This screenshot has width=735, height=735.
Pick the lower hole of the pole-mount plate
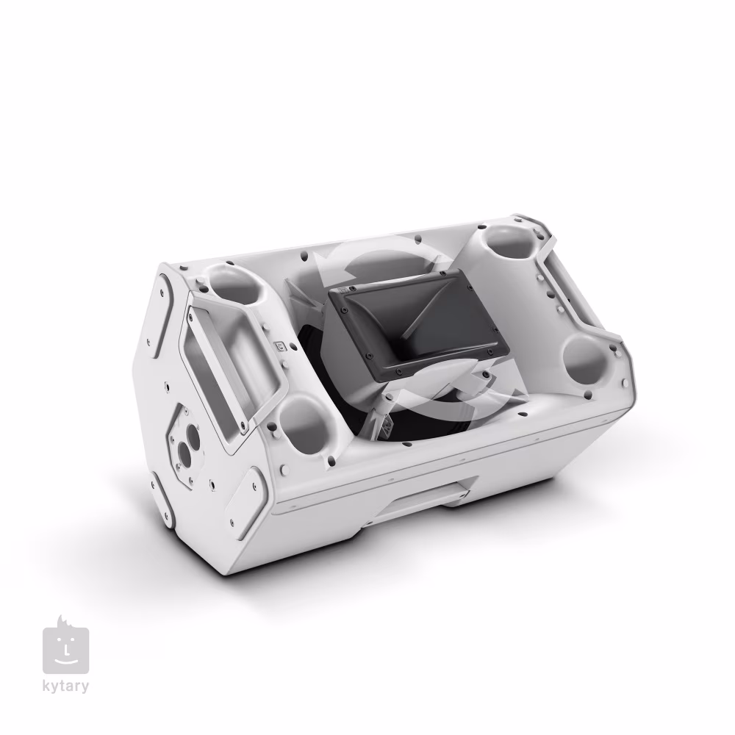pos(184,453)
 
